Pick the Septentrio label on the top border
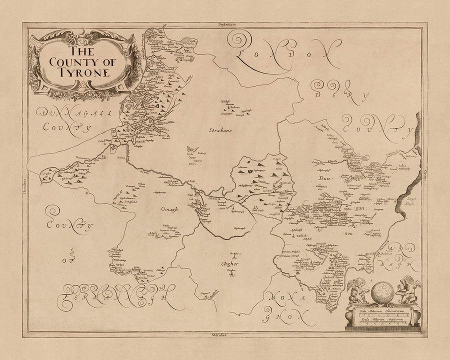(223, 23)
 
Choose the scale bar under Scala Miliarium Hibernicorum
(384, 314)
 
